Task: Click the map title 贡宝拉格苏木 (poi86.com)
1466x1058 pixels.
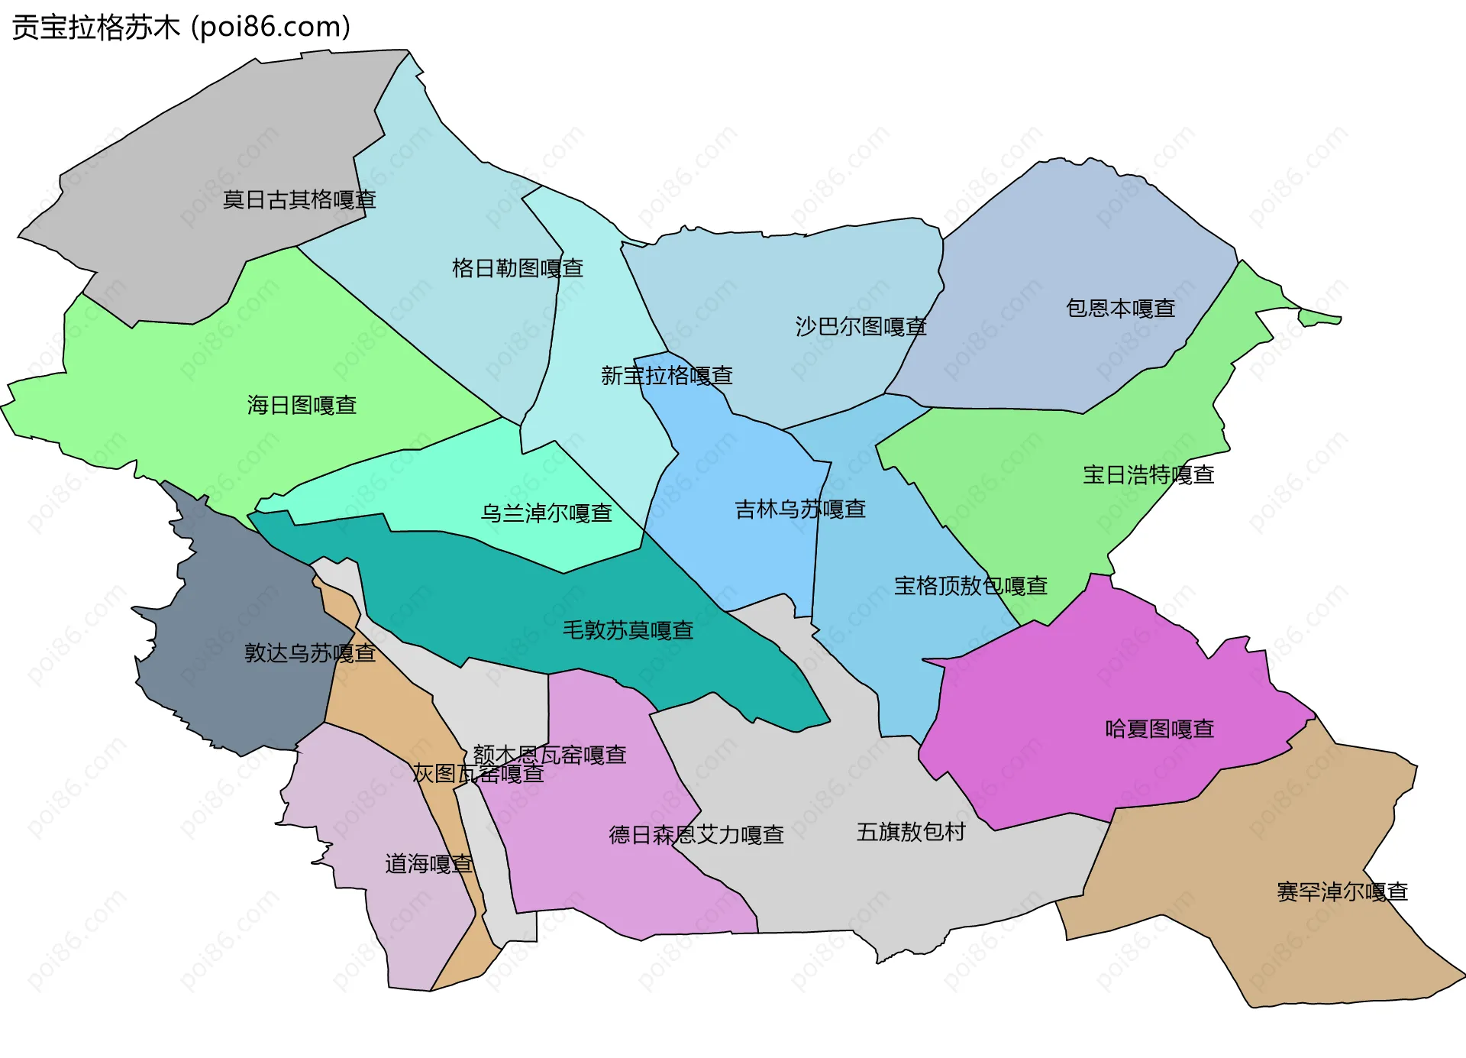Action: [x=181, y=27]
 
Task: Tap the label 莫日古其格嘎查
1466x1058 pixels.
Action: [x=299, y=200]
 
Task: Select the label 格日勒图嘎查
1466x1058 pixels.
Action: [x=518, y=268]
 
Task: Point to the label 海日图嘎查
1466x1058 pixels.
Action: [x=302, y=405]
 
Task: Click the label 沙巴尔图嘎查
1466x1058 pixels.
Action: [x=861, y=327]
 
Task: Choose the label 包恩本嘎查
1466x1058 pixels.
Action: [x=1120, y=309]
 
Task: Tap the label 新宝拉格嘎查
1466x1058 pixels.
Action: [x=667, y=376]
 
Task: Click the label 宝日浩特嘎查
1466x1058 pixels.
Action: [x=1148, y=475]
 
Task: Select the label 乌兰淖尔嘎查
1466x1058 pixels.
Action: [x=546, y=513]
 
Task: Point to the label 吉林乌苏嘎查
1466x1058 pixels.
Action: [x=800, y=510]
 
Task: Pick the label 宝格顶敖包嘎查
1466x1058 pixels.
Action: [x=970, y=586]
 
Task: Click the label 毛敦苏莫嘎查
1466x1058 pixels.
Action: [x=628, y=630]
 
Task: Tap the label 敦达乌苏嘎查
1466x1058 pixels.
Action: [x=310, y=653]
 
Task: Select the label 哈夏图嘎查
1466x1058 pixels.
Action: [x=1160, y=729]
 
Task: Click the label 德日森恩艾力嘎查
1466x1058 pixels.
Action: [x=696, y=835]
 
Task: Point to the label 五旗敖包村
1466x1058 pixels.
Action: [x=911, y=832]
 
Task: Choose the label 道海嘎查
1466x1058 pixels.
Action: [x=428, y=864]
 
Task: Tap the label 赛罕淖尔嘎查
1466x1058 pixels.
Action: [x=1342, y=892]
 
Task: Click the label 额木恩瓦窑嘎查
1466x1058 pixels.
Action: [x=550, y=755]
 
